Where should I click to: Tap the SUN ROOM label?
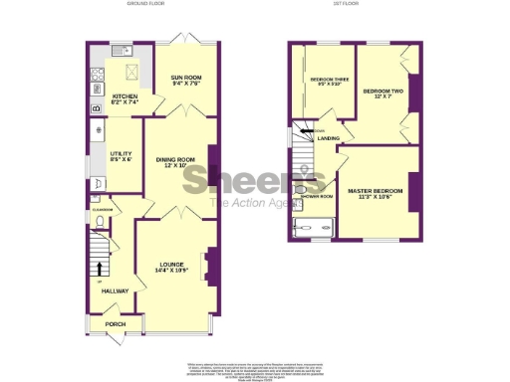(185, 77)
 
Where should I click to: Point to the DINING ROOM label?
(179, 158)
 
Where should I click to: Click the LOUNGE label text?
(172, 264)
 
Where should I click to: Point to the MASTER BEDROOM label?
(375, 188)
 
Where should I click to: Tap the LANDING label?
(329, 138)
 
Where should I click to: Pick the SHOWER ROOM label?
(318, 197)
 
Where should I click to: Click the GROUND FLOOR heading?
(144, 5)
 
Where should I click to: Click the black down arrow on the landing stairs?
(310, 130)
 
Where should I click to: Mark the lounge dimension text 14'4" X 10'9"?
(172, 271)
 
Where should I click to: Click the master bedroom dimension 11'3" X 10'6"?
(375, 196)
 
